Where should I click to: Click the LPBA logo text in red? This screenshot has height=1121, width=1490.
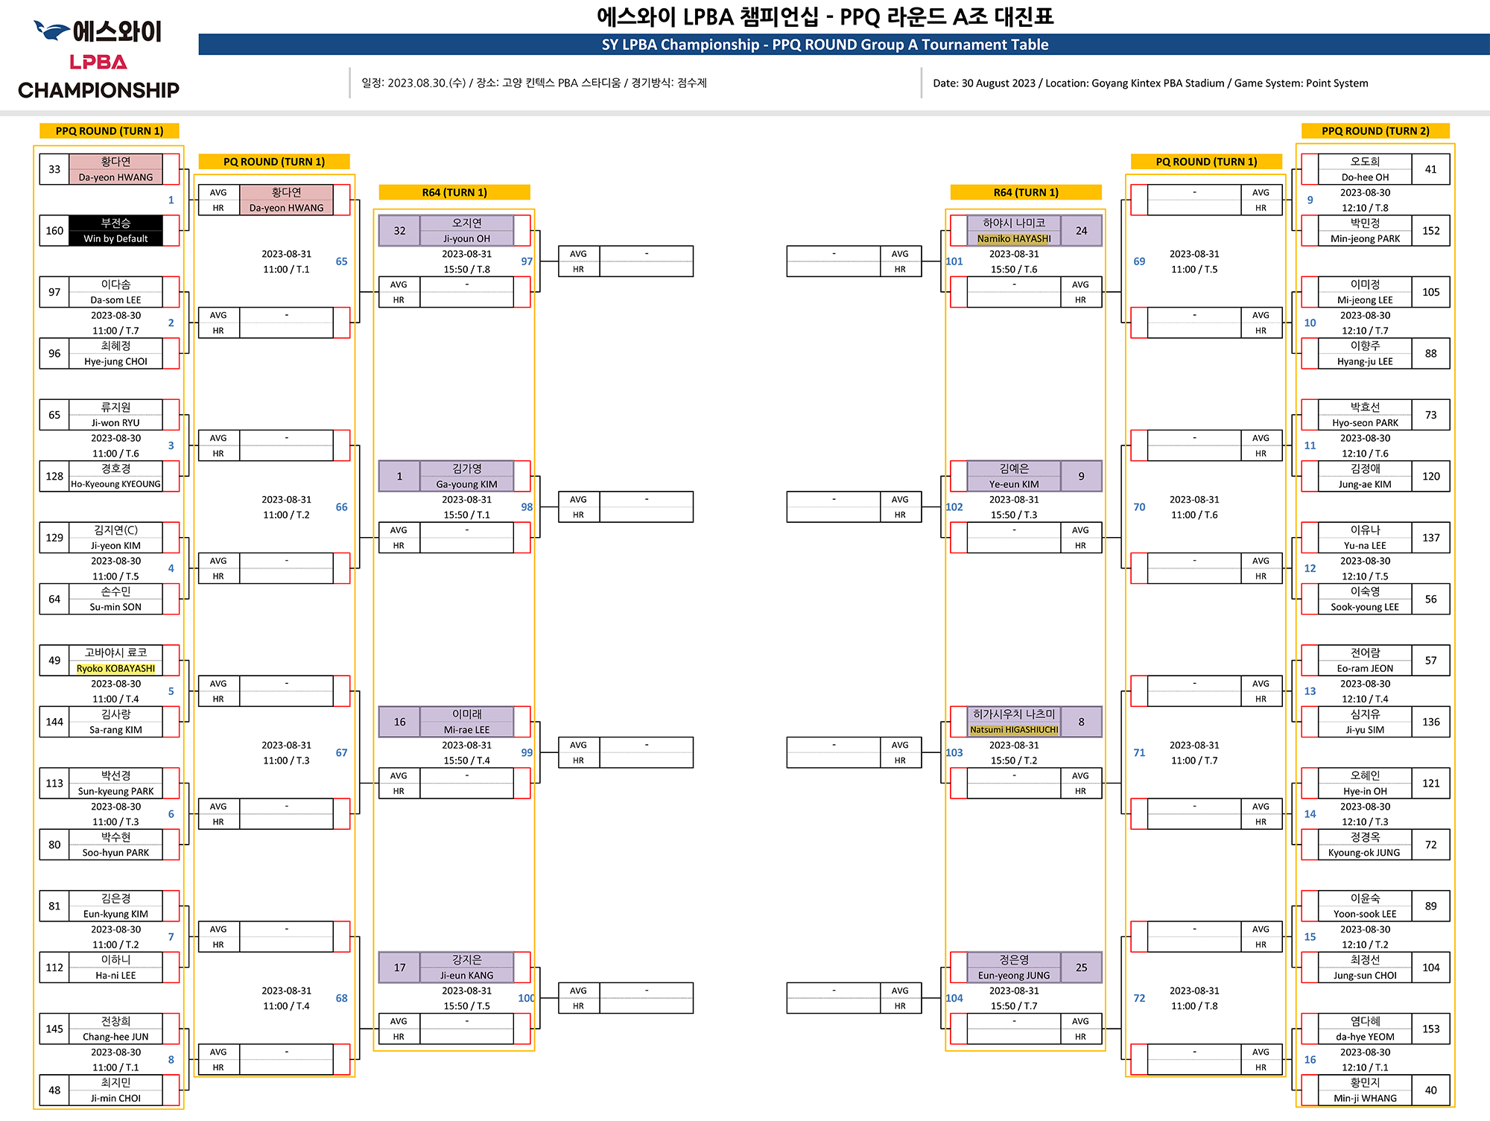[98, 63]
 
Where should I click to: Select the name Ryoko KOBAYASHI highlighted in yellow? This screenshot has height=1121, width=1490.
[115, 669]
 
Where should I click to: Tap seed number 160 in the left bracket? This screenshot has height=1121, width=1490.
[54, 231]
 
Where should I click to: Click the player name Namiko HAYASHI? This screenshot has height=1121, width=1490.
[1013, 239]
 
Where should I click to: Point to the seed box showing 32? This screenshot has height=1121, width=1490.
[399, 231]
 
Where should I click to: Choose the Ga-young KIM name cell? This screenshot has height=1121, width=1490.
[466, 484]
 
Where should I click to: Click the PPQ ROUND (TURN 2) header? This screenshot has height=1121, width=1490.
[1375, 131]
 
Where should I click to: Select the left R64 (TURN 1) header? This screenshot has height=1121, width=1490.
[454, 193]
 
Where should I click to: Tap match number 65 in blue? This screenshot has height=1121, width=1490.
[341, 261]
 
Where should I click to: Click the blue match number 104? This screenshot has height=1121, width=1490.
[954, 998]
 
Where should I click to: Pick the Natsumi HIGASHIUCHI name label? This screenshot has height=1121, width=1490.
[1013, 730]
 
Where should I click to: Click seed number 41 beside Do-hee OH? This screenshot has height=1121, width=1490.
[1430, 169]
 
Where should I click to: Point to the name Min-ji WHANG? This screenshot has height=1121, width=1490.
[1365, 1099]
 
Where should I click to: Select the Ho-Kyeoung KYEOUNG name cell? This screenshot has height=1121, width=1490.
[115, 484]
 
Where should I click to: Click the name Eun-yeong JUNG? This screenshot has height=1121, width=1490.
[1013, 976]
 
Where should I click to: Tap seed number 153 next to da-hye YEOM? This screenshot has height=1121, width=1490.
[1430, 1029]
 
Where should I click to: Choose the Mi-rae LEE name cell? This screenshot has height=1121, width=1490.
[466, 730]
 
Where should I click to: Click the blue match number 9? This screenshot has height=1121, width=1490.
[1310, 200]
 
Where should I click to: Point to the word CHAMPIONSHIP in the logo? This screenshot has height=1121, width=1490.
[98, 91]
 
